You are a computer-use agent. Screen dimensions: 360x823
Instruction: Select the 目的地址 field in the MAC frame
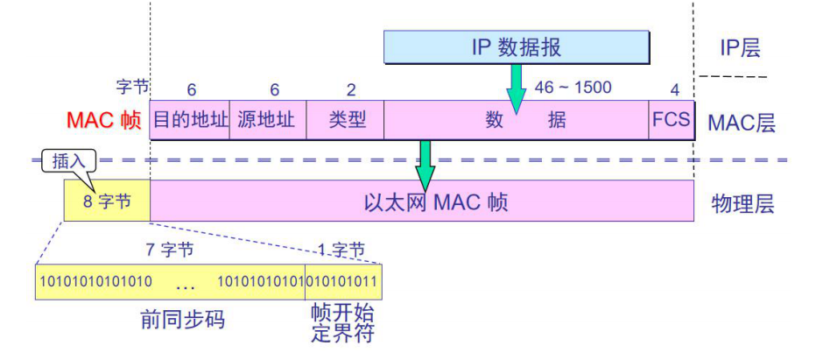(190, 121)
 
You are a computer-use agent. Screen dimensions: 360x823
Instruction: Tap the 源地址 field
(268, 121)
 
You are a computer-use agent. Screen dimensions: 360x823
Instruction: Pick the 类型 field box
(345, 121)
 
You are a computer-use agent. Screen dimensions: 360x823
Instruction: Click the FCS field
(671, 121)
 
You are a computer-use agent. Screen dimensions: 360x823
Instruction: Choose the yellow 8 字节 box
(107, 202)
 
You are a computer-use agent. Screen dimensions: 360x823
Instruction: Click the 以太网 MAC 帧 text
(435, 203)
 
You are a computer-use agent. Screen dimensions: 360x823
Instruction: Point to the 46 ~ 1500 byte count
(573, 88)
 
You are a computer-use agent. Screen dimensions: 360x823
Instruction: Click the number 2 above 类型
(351, 89)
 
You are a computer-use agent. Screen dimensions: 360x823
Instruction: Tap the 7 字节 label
(169, 250)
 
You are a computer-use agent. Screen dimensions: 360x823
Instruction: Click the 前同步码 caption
(182, 320)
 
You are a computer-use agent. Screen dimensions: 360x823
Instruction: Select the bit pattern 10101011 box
(343, 281)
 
